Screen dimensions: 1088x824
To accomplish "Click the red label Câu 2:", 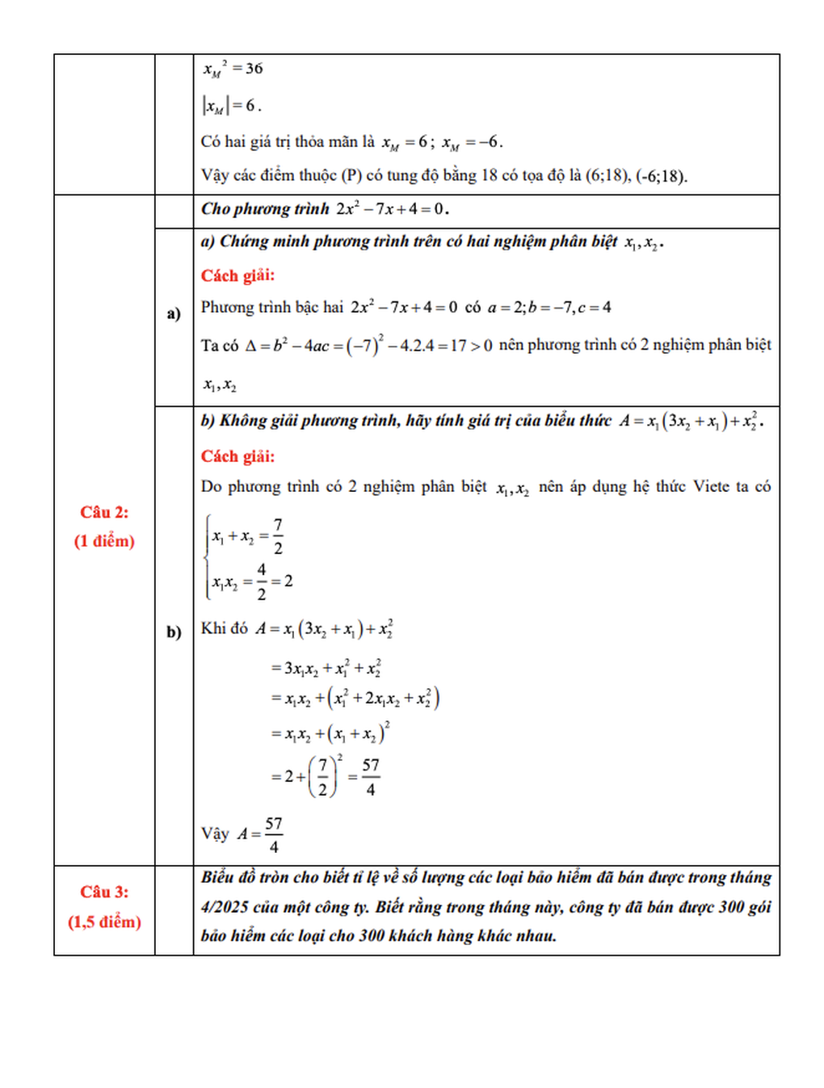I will click(104, 512).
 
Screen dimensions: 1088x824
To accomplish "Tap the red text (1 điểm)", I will click(104, 541).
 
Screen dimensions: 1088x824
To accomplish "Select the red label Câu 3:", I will click(104, 892).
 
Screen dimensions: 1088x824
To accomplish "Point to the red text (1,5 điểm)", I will click(104, 922).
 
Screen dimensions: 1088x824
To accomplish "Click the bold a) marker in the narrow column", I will click(174, 313).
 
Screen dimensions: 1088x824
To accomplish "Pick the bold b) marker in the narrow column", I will click(174, 632).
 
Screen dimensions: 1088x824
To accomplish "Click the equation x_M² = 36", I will click(233, 69).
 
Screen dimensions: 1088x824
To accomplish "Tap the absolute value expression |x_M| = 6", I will click(231, 105).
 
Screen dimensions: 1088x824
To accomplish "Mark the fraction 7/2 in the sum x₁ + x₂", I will click(278, 536).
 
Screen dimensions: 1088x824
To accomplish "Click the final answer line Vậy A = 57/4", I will click(242, 834).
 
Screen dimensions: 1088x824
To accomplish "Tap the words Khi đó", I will click(225, 628).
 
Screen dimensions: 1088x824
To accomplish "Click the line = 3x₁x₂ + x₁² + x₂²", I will click(326, 668).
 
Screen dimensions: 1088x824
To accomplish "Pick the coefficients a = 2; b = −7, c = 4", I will click(549, 307).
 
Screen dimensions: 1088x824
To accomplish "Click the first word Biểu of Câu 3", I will click(217, 877).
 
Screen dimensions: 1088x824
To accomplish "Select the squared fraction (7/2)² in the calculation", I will click(325, 775).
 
